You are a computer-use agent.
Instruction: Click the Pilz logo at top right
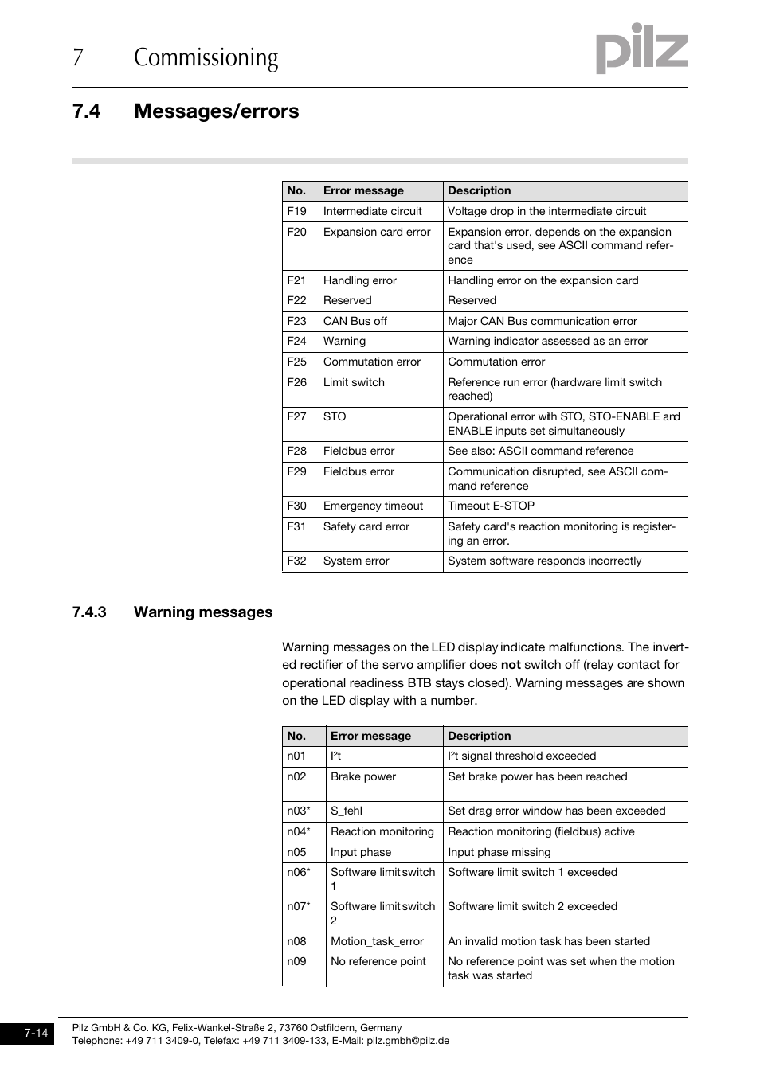641,49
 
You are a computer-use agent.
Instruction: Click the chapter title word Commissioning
206,58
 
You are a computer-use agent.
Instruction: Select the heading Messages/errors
216,111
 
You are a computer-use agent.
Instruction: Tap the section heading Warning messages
202,612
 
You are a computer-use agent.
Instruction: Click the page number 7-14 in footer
36,1034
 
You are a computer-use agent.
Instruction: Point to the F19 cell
297,212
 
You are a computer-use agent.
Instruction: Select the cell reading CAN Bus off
355,321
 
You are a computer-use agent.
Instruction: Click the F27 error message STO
335,416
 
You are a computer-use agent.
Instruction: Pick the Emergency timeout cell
373,506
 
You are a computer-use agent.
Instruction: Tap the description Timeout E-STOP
491,506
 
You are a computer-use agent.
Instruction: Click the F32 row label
297,561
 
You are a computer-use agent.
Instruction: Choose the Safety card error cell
366,527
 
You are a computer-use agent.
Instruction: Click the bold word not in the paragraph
510,665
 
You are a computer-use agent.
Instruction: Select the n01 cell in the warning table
296,756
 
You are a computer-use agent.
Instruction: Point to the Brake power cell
362,777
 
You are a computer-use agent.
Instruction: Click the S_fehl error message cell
346,811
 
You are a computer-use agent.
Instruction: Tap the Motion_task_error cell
377,942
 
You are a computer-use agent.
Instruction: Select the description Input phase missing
499,853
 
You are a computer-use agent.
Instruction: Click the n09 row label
296,962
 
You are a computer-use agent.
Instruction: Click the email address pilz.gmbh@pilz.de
407,1041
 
